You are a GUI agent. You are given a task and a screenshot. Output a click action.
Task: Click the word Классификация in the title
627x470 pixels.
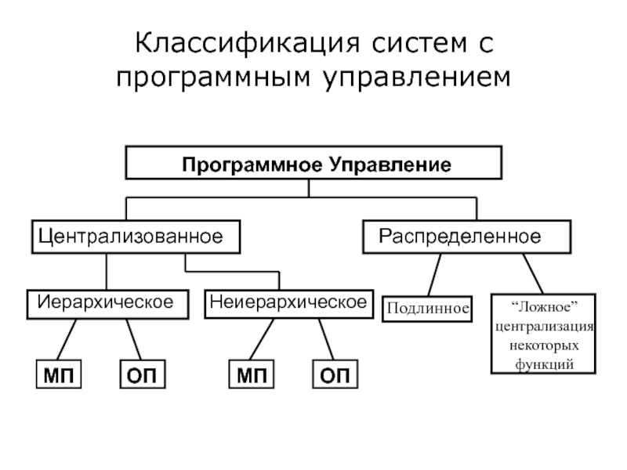point(248,44)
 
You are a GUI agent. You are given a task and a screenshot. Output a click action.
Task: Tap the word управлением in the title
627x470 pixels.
point(417,78)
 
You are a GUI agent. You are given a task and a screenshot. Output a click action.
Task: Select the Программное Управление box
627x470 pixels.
point(313,163)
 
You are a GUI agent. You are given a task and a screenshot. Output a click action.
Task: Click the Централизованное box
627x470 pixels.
point(136,237)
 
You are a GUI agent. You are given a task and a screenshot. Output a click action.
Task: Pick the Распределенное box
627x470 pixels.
point(466,237)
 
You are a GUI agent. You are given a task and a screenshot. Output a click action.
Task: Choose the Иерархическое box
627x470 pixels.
point(107,305)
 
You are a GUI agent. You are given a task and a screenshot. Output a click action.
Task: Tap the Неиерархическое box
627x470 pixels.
point(288,304)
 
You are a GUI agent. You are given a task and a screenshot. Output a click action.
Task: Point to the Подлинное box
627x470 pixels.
point(427,309)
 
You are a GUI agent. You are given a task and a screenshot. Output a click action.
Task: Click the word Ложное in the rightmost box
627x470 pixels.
point(545,307)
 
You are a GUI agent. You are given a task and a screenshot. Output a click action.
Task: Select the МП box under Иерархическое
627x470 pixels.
point(59,374)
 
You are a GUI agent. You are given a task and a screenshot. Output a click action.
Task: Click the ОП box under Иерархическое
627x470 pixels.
point(143,374)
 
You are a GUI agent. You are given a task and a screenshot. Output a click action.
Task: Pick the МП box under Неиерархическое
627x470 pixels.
point(252,374)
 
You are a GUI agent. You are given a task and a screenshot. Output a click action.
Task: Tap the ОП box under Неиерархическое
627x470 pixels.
point(335,374)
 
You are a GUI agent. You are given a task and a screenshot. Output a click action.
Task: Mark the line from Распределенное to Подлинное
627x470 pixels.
point(434,275)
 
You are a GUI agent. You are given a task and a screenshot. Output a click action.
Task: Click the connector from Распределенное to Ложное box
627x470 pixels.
point(533,274)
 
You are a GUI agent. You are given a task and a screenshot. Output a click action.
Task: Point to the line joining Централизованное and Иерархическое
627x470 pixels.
point(107,272)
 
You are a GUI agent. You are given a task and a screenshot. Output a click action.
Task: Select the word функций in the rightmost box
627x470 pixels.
point(544,364)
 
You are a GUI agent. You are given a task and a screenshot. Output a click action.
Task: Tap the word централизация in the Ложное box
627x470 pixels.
point(544,327)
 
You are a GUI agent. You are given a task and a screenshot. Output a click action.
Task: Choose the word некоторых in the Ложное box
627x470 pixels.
point(544,345)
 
